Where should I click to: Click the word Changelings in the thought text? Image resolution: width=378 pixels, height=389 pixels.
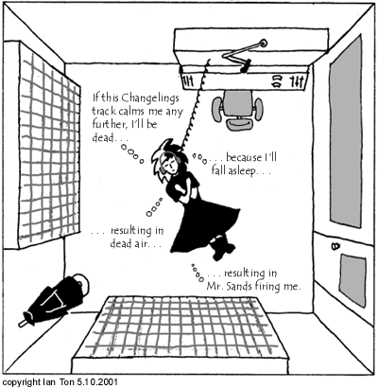point(150,98)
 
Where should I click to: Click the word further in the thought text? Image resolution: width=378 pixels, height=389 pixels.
point(107,124)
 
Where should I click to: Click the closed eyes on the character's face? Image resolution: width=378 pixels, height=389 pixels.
point(171,164)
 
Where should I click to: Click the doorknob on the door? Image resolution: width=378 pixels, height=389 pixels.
point(335,245)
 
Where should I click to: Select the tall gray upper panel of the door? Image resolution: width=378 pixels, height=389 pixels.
point(345,131)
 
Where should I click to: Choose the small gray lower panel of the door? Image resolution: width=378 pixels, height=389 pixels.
point(352,280)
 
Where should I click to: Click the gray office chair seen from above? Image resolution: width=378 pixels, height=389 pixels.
point(237,110)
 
